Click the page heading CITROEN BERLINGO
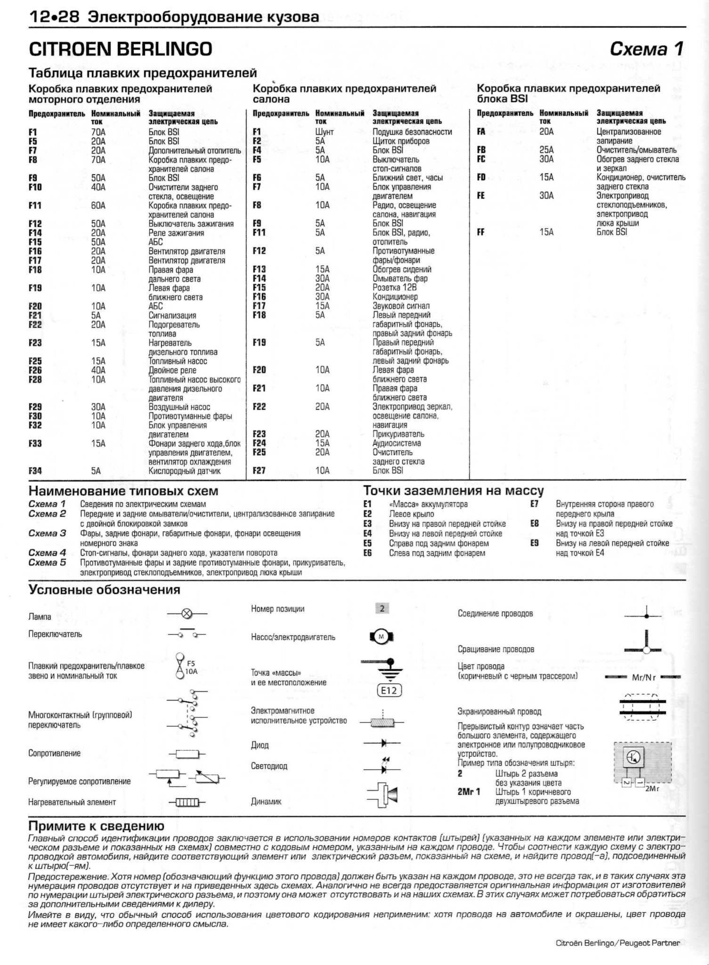point(120,49)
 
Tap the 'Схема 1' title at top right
point(646,49)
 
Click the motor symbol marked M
point(382,637)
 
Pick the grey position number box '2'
point(382,608)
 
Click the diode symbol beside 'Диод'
point(382,743)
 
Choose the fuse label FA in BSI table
point(481,132)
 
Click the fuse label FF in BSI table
point(481,232)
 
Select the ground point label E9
point(534,543)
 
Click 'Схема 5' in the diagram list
point(47,562)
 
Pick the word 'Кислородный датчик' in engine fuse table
point(185,471)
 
